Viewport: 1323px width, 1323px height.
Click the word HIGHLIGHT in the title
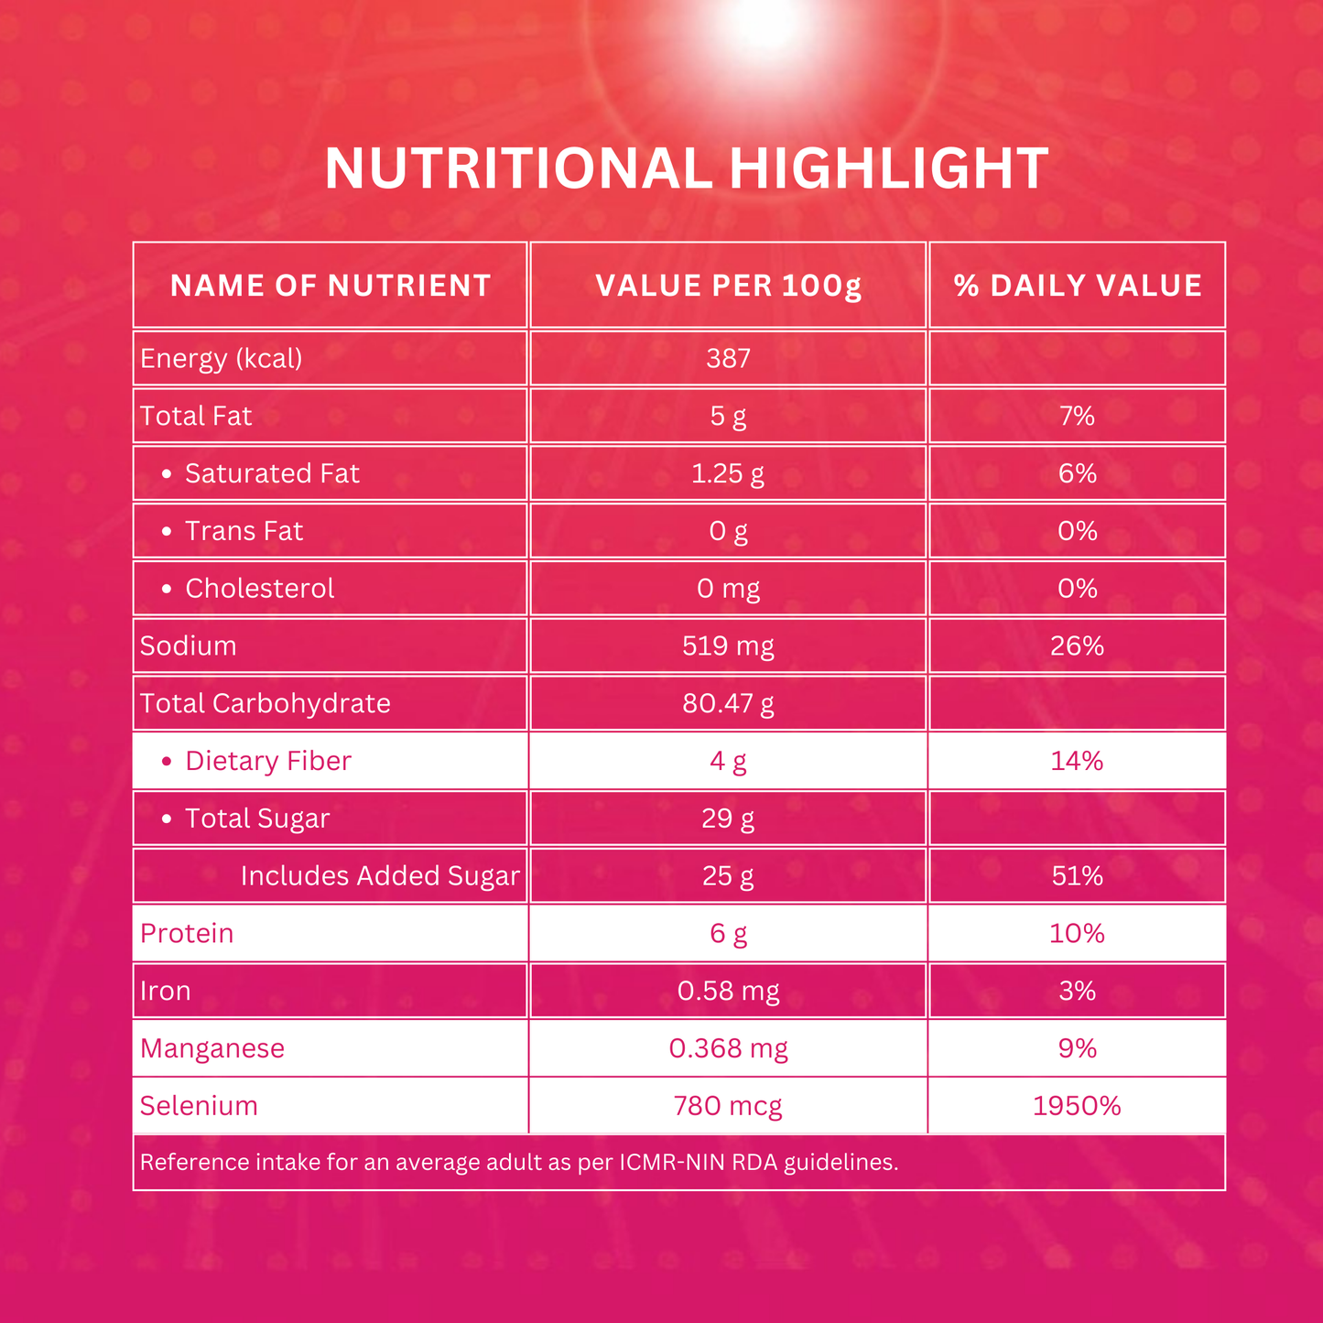(888, 169)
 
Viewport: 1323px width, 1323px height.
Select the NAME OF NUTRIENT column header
(331, 286)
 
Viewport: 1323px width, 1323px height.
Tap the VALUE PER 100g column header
(729, 286)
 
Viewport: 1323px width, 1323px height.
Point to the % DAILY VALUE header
(1078, 286)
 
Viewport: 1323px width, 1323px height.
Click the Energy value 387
(729, 358)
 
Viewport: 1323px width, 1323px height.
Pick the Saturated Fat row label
(272, 473)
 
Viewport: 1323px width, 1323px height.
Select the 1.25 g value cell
(729, 473)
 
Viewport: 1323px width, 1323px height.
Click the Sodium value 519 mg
(729, 646)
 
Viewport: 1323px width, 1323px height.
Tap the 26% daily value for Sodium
(1078, 646)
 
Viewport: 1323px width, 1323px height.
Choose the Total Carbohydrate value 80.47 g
(729, 703)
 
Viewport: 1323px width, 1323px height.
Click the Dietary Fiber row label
(267, 761)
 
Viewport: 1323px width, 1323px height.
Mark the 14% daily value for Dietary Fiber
(1078, 761)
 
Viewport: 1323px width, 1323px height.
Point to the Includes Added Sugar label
(380, 876)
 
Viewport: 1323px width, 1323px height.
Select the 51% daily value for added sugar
(1078, 876)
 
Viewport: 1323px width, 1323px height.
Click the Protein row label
(187, 933)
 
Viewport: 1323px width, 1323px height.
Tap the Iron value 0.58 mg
(729, 991)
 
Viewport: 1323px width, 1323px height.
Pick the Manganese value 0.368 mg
(729, 1048)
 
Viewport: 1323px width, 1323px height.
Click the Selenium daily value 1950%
(1078, 1106)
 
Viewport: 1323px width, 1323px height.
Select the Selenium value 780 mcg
(729, 1106)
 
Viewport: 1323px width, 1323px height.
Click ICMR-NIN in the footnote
(674, 1163)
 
